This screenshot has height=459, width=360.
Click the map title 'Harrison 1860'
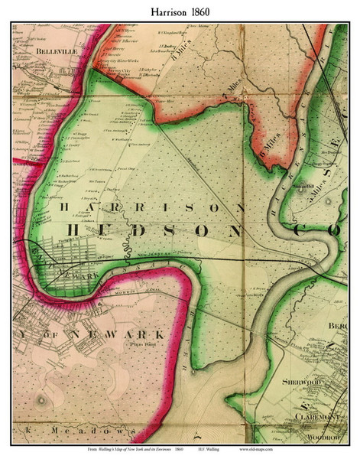coord(180,10)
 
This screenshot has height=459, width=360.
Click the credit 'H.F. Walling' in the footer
coord(246,450)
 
